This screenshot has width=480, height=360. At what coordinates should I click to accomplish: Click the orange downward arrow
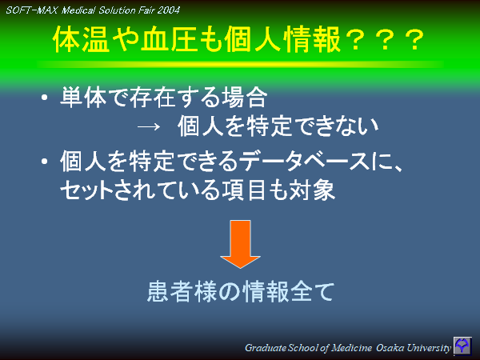pos(240,245)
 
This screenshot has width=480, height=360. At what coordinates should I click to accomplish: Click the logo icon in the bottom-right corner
pos(463,346)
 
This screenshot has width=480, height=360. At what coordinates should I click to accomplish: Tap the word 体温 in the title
pos(82,40)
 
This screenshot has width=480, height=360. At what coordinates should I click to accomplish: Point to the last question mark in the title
pos(413,40)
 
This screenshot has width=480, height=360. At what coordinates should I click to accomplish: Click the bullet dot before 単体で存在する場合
pos(45,101)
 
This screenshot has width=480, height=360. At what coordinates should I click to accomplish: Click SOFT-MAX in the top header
pos(31,10)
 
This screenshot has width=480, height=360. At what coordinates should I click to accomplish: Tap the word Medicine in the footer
pos(339,347)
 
